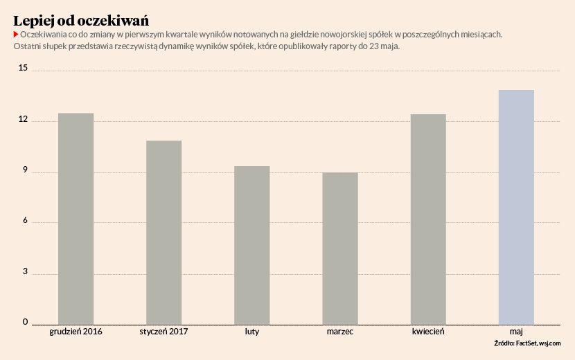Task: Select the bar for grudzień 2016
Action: click(76, 218)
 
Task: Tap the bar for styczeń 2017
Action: click(164, 232)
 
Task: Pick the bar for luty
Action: click(252, 245)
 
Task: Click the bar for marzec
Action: click(340, 248)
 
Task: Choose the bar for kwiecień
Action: click(428, 219)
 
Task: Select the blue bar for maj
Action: click(516, 206)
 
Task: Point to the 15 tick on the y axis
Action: click(24, 69)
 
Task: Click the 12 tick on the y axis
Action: click(24, 120)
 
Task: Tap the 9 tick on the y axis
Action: click(25, 171)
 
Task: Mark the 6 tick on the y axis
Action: click(25, 222)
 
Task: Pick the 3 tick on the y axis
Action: click(25, 272)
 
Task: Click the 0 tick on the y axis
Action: click(25, 323)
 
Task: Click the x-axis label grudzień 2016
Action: click(76, 332)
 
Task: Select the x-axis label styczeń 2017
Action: click(163, 332)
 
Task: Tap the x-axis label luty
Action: click(252, 332)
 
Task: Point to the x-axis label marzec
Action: click(340, 332)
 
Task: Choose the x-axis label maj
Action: click(516, 332)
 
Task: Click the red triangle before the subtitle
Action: click(16, 34)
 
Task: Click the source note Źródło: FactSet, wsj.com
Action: click(527, 343)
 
